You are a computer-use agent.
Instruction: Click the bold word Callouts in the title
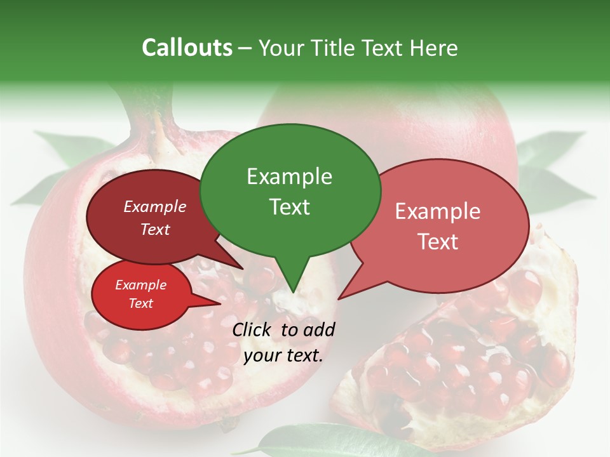pyautogui.click(x=187, y=48)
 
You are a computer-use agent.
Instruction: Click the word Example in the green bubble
pyautogui.click(x=289, y=176)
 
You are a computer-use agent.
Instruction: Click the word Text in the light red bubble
pyautogui.click(x=438, y=242)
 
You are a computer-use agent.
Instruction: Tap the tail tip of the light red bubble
pyautogui.click(x=339, y=298)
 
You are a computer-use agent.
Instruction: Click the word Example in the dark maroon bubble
pyautogui.click(x=154, y=206)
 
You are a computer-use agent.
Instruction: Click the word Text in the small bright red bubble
pyautogui.click(x=140, y=303)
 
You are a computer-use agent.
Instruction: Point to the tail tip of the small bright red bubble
pyautogui.click(x=220, y=303)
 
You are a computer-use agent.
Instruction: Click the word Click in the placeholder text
pyautogui.click(x=254, y=329)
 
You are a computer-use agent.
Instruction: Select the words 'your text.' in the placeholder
pyautogui.click(x=283, y=355)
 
